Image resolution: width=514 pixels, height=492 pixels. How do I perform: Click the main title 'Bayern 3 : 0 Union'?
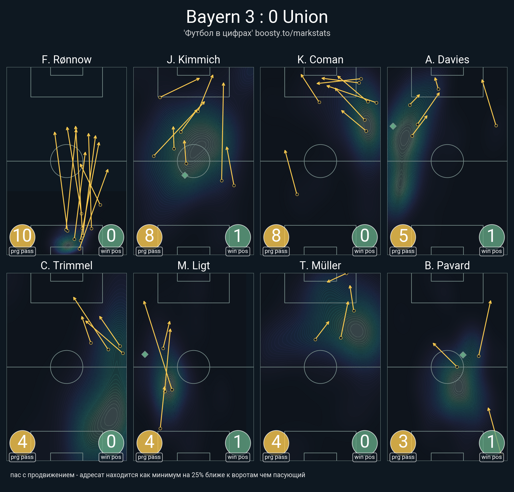[x=257, y=17]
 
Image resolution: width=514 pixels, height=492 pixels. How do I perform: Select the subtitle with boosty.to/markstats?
[x=257, y=33]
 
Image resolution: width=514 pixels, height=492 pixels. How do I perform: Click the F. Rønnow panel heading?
[x=67, y=60]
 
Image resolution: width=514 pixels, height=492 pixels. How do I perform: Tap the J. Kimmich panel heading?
[x=194, y=60]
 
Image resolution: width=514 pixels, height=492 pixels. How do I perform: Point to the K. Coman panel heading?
[x=320, y=60]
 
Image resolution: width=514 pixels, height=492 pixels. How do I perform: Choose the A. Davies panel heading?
[x=447, y=60]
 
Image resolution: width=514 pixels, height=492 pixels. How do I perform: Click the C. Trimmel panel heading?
[x=67, y=266]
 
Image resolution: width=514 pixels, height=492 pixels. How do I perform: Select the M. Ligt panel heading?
[x=194, y=266]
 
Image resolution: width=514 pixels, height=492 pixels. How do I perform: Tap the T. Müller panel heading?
[x=320, y=266]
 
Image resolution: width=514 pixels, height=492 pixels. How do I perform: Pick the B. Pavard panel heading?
[x=447, y=266]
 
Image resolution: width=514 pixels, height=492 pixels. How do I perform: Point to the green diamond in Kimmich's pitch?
[x=185, y=175]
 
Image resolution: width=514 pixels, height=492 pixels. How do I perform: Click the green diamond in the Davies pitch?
[x=393, y=126]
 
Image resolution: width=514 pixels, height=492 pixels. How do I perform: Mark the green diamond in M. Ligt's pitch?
[x=145, y=354]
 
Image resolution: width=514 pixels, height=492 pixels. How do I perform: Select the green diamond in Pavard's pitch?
[x=463, y=355]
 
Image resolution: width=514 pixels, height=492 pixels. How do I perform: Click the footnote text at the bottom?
[x=158, y=475]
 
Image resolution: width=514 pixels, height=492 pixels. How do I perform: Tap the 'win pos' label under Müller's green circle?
[x=365, y=457]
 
